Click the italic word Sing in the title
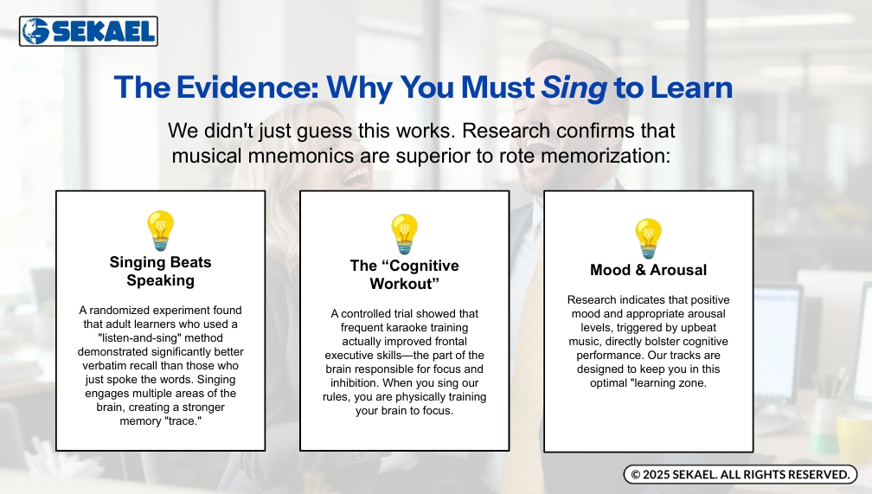pyautogui.click(x=574, y=88)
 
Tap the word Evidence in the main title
pyautogui.click(x=248, y=87)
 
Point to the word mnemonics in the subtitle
pyautogui.click(x=300, y=156)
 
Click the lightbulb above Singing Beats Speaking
pyautogui.click(x=161, y=230)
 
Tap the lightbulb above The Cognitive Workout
pyautogui.click(x=404, y=234)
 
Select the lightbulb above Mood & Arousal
pyautogui.click(x=649, y=238)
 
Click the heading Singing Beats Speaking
pyautogui.click(x=161, y=271)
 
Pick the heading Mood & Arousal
pyautogui.click(x=649, y=270)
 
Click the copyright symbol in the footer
pyautogui.click(x=636, y=474)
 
